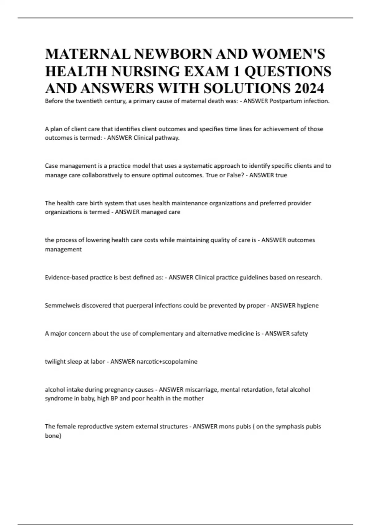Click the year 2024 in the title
[309, 88]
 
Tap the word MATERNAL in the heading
[88, 54]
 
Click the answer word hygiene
[308, 305]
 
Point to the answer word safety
[300, 334]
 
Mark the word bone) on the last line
[53, 436]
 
